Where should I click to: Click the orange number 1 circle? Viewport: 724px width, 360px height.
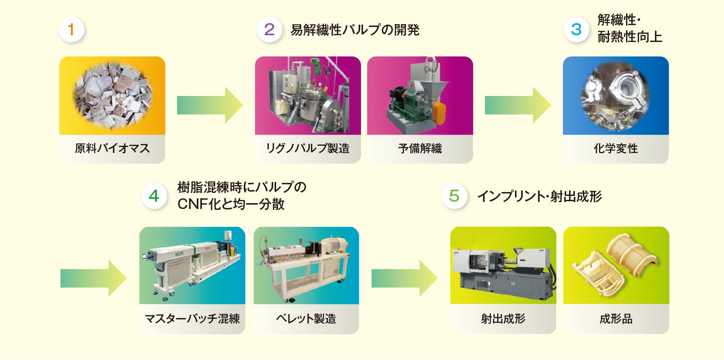(71, 30)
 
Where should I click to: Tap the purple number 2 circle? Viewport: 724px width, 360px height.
(269, 30)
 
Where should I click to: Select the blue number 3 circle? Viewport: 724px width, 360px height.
(576, 30)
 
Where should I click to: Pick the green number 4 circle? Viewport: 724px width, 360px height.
(154, 196)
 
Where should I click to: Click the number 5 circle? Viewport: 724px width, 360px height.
(454, 196)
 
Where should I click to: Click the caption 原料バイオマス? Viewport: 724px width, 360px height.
(112, 148)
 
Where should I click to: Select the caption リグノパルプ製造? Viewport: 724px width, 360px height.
(308, 148)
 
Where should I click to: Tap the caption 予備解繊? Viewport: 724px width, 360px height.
(420, 148)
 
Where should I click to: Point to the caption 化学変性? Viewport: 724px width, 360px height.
(616, 148)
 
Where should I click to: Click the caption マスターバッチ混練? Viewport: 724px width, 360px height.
(192, 318)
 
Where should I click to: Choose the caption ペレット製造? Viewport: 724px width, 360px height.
(306, 318)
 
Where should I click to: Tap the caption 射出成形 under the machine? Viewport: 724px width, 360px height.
(503, 318)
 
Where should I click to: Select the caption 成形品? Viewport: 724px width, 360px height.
(616, 318)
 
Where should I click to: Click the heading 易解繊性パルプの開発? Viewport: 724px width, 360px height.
(355, 30)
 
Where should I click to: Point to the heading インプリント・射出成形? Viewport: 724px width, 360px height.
(540, 196)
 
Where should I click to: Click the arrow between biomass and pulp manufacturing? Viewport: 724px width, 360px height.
(210, 105)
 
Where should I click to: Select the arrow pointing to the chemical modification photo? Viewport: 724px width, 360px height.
(518, 105)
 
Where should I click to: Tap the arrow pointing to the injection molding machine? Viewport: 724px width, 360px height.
(404, 278)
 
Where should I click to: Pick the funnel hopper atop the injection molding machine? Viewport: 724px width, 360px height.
(518, 252)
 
